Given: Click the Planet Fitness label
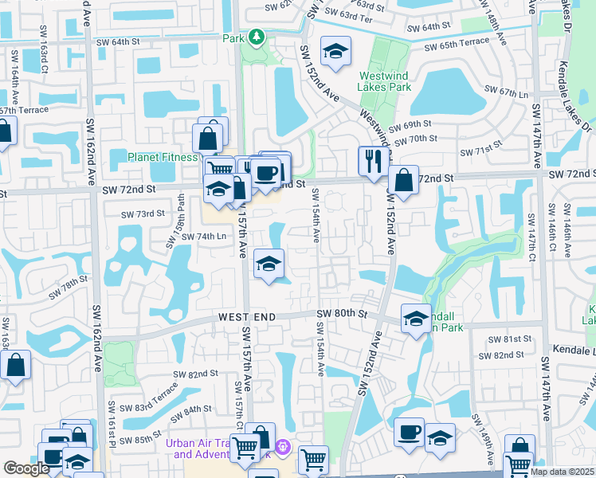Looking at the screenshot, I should click(163, 157).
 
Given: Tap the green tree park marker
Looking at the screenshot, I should click(257, 37).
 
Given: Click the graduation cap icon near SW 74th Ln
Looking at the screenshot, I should click(269, 264).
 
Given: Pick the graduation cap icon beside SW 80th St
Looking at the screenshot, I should click(415, 319).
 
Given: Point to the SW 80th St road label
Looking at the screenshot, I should click(342, 315).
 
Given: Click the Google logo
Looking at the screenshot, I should click(26, 468).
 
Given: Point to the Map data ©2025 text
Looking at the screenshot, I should click(562, 472).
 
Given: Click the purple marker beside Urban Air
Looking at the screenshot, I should click(280, 446).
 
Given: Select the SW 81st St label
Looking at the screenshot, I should click(510, 339).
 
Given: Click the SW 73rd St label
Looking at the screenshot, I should click(143, 214).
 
